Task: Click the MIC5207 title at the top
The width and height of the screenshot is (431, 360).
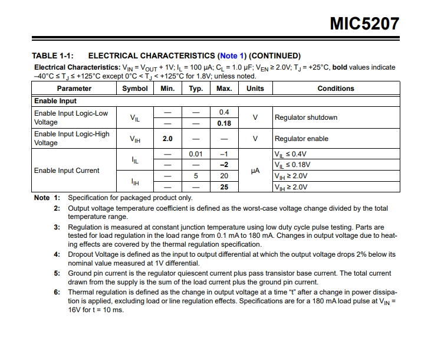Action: pyautogui.click(x=364, y=24)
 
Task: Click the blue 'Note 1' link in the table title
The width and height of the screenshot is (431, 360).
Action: pyautogui.click(x=233, y=55)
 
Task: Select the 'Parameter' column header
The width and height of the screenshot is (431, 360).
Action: pyautogui.click(x=74, y=89)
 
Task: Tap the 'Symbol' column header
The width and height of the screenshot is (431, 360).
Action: pyautogui.click(x=135, y=89)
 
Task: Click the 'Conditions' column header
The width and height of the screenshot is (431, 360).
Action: pyautogui.click(x=335, y=89)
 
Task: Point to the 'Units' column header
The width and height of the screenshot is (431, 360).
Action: pyautogui.click(x=255, y=89)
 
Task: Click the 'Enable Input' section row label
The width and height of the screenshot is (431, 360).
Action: pyautogui.click(x=55, y=101)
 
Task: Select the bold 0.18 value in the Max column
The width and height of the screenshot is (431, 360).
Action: pyautogui.click(x=224, y=123)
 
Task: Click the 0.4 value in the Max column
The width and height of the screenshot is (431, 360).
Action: pyautogui.click(x=224, y=112)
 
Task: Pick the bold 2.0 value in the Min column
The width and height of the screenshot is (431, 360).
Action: pyautogui.click(x=167, y=139)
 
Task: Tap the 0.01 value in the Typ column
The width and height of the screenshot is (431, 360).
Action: pyautogui.click(x=196, y=154)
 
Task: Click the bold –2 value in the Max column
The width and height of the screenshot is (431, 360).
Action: pyautogui.click(x=224, y=165)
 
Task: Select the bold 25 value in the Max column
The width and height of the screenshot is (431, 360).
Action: pyautogui.click(x=224, y=187)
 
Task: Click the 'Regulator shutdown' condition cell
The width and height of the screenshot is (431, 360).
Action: pyautogui.click(x=306, y=117)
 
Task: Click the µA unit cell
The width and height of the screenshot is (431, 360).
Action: pyautogui.click(x=255, y=171)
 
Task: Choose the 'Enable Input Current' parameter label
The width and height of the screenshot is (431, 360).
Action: pyautogui.click(x=67, y=171)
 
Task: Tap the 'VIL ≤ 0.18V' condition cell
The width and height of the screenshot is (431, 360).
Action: pyautogui.click(x=292, y=165)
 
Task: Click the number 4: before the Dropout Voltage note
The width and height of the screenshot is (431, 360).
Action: pyautogui.click(x=57, y=254)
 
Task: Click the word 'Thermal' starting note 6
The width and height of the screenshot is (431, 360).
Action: pyautogui.click(x=81, y=292)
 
